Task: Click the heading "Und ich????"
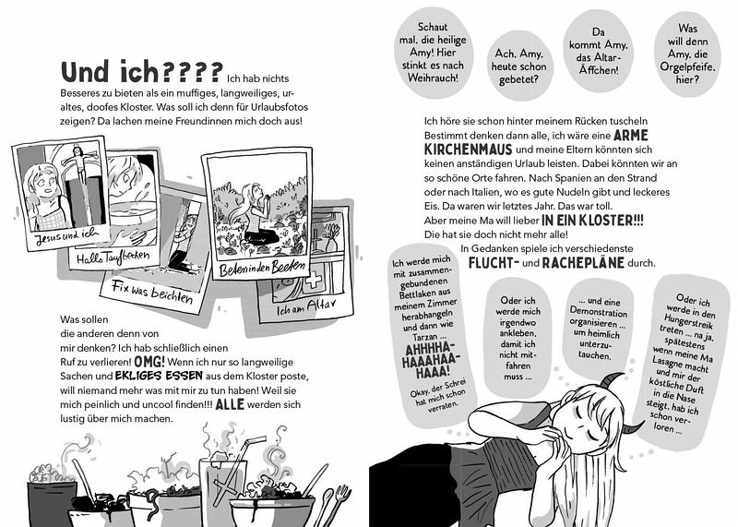(x=142, y=72)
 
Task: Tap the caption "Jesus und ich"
(x=66, y=236)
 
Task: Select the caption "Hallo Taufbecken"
(x=113, y=258)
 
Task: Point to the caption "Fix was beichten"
(x=152, y=292)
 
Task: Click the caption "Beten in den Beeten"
(x=262, y=268)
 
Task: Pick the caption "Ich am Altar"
(x=306, y=307)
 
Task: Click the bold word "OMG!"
(x=149, y=362)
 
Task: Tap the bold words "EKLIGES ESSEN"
(x=159, y=376)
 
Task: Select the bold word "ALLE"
(x=230, y=404)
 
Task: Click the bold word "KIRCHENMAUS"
(x=468, y=150)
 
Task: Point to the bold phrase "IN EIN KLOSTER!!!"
(x=592, y=220)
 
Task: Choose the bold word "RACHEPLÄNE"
(x=583, y=262)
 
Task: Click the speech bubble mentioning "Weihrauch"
(x=433, y=53)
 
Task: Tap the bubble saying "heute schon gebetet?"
(x=518, y=66)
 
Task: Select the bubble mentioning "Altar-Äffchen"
(x=598, y=51)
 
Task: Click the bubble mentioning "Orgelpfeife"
(x=687, y=54)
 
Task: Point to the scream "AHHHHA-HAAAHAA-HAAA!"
(x=428, y=360)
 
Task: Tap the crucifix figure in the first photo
(x=81, y=162)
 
